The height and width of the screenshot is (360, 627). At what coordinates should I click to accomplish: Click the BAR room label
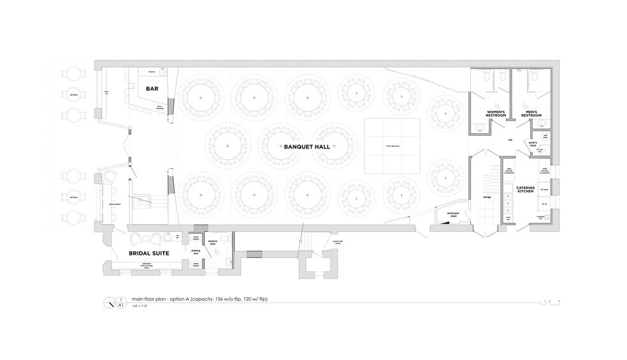[152, 89]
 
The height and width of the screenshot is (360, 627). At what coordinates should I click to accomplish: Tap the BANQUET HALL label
[306, 147]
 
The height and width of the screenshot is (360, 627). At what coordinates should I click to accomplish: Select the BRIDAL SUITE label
[148, 254]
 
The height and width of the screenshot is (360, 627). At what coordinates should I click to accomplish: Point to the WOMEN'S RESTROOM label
[496, 114]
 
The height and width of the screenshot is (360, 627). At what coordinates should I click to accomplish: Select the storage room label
[487, 198]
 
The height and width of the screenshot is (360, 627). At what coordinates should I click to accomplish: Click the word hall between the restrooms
[510, 140]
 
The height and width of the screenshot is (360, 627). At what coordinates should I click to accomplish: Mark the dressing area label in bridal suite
[197, 252]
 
